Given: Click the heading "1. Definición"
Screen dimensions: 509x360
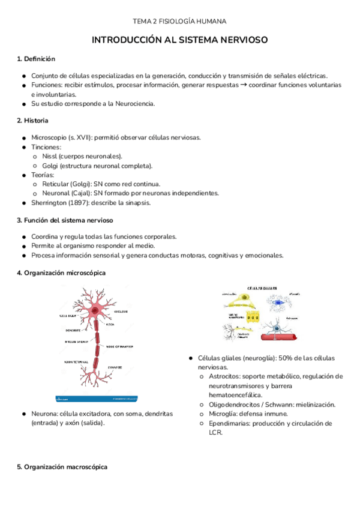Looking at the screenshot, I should (x=36, y=59).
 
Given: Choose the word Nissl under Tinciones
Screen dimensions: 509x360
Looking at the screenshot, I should (x=50, y=155).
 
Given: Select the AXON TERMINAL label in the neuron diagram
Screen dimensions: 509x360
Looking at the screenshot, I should (x=77, y=362).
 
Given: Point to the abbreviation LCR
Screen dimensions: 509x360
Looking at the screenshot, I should (x=215, y=432).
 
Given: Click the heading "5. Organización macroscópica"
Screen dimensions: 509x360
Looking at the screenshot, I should (x=62, y=467).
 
